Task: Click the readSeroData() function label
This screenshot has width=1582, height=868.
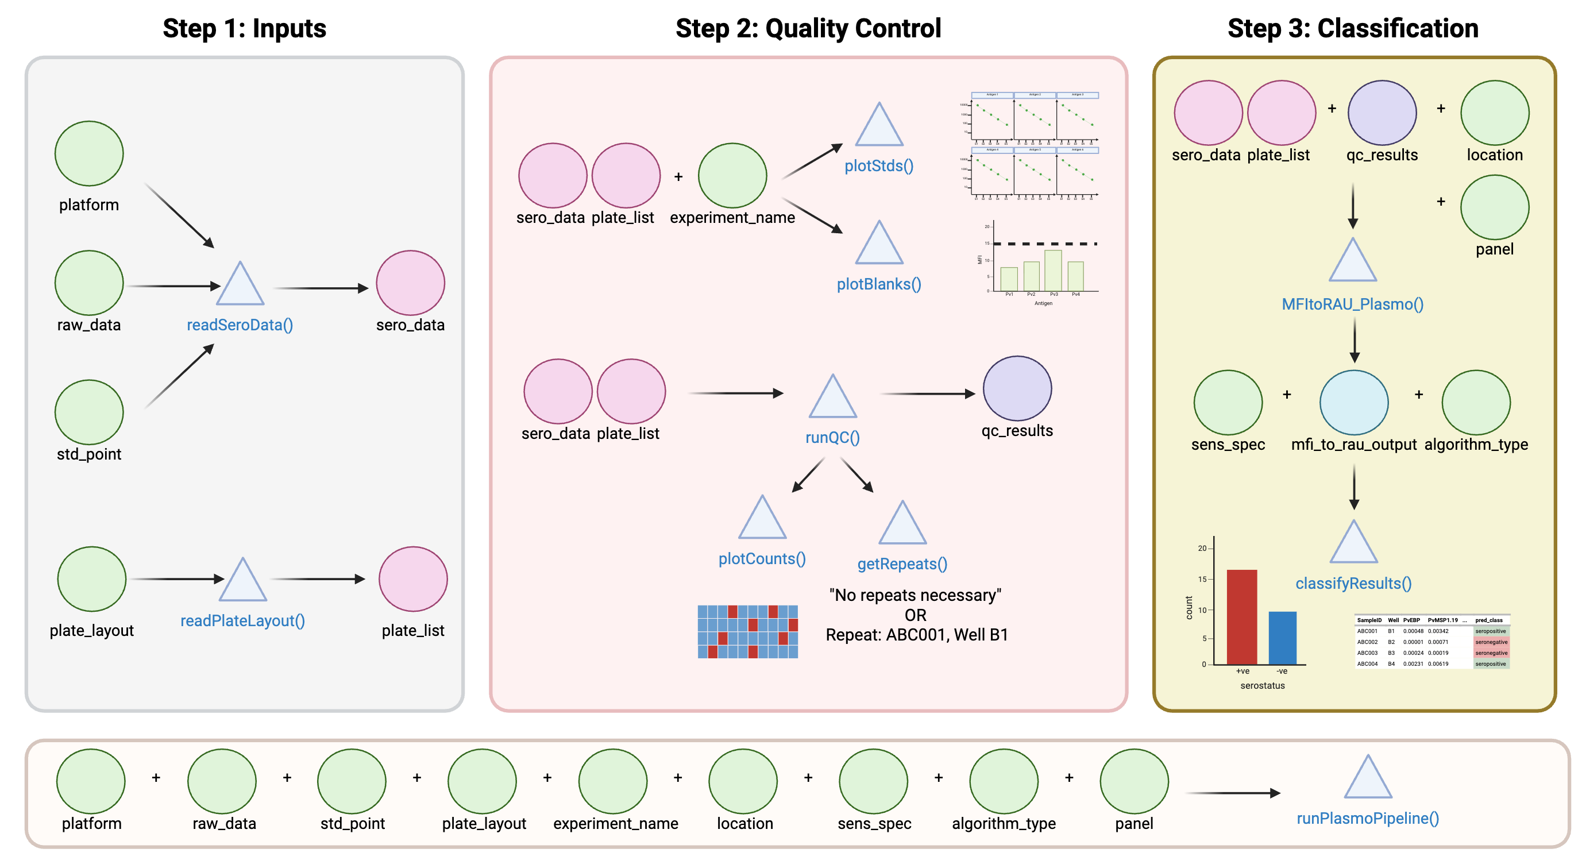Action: click(240, 325)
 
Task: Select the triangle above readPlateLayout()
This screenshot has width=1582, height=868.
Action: click(243, 582)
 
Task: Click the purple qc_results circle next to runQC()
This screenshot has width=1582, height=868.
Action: click(1017, 389)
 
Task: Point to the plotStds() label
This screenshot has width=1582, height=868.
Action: click(879, 166)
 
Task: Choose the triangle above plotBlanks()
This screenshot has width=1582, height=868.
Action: click(879, 246)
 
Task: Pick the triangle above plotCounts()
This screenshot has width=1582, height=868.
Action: click(762, 520)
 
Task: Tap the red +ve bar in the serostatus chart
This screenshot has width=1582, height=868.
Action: click(1241, 617)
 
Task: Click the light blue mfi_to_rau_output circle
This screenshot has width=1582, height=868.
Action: click(1353, 403)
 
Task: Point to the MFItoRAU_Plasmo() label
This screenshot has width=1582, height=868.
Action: click(1352, 304)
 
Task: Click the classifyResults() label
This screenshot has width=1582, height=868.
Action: click(1353, 584)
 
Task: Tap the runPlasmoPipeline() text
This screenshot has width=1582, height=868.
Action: click(1368, 818)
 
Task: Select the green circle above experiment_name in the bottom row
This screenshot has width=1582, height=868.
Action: click(612, 781)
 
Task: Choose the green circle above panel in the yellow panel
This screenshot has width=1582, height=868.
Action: click(1494, 207)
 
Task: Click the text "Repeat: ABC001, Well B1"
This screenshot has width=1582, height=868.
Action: click(916, 635)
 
